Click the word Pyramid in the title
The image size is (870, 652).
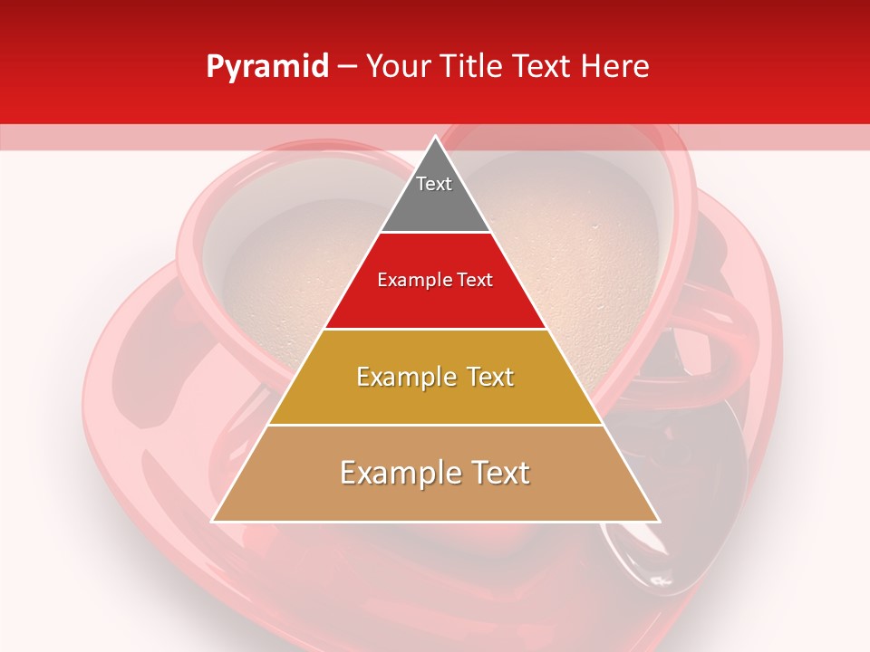pos(267,67)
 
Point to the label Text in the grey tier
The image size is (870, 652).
pos(434,184)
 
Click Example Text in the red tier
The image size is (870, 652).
pos(435,280)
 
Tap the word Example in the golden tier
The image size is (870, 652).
pos(404,377)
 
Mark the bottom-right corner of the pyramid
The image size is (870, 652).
pos(658,521)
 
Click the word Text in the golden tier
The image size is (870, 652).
pos(485,377)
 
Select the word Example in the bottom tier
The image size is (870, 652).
pos(394,473)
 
